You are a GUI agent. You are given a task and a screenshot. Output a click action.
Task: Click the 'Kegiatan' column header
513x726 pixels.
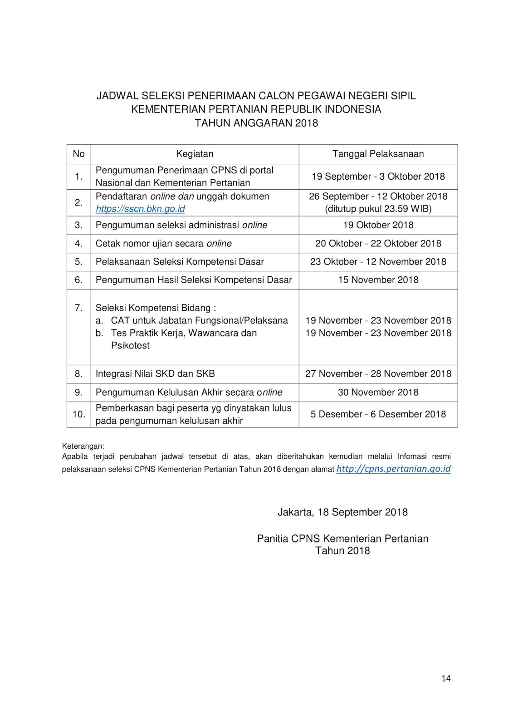tap(195, 154)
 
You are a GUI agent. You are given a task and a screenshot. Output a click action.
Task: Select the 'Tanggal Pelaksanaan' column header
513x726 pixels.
tap(378, 154)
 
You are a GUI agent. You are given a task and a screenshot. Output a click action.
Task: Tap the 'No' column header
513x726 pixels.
tap(78, 154)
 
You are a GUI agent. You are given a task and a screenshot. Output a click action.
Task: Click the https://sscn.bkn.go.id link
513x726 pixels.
tap(140, 209)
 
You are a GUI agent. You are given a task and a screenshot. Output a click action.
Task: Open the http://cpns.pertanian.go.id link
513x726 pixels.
tap(393, 469)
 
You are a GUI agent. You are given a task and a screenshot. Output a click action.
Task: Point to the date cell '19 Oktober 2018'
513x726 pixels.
tap(378, 225)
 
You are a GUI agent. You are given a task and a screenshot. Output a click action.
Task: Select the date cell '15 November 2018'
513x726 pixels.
tap(378, 280)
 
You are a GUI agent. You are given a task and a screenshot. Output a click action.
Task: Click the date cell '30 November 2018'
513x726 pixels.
tap(378, 392)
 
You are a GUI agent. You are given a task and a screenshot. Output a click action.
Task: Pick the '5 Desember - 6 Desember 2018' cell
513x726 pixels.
tap(378, 414)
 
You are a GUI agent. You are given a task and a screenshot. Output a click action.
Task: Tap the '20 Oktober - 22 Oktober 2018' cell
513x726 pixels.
tap(378, 244)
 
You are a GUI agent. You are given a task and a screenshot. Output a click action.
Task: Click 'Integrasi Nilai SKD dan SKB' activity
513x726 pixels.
tap(155, 374)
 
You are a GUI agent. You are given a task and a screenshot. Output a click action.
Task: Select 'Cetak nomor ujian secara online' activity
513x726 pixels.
tap(163, 244)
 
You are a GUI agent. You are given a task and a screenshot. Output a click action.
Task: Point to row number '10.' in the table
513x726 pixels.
tap(79, 414)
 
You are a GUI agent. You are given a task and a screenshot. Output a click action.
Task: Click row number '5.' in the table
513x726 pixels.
tap(79, 262)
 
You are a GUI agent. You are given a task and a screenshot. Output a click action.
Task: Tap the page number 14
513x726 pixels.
tap(446, 678)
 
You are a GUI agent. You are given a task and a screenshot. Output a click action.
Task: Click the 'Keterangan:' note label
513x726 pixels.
tap(83, 446)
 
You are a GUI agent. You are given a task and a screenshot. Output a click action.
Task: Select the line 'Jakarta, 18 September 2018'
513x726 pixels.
tap(342, 512)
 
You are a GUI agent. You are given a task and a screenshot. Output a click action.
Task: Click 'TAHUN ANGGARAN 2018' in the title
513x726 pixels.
tap(256, 123)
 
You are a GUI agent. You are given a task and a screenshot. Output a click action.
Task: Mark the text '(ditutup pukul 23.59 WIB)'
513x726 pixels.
tap(378, 209)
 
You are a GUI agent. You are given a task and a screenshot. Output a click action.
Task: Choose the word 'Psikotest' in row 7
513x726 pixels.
tap(130, 345)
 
